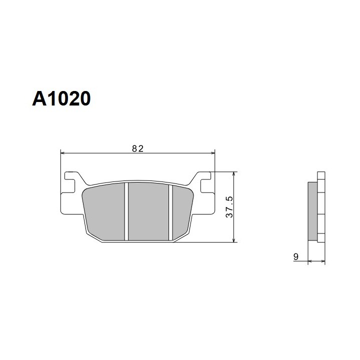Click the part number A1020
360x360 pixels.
click(x=61, y=98)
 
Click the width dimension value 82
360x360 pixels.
click(x=138, y=149)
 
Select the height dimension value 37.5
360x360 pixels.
click(x=229, y=207)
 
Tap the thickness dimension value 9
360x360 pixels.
click(x=296, y=256)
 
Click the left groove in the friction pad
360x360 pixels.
click(x=126, y=211)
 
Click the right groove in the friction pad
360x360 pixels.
click(x=170, y=213)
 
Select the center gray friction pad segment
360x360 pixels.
click(x=148, y=211)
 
